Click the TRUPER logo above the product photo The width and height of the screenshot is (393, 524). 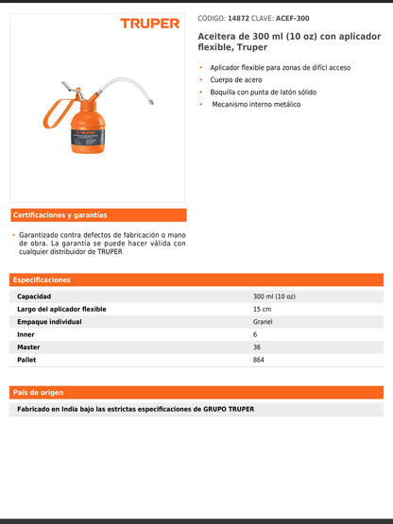coord(149,23)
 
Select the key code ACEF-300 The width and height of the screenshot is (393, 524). coord(292,18)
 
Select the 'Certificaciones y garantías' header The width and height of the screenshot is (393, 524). coord(60,215)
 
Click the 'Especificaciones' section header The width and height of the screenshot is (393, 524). coord(42,280)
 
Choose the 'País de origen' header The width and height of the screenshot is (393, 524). coord(39,392)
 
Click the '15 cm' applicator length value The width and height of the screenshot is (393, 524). coord(262,310)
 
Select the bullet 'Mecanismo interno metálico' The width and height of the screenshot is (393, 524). coord(255,104)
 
